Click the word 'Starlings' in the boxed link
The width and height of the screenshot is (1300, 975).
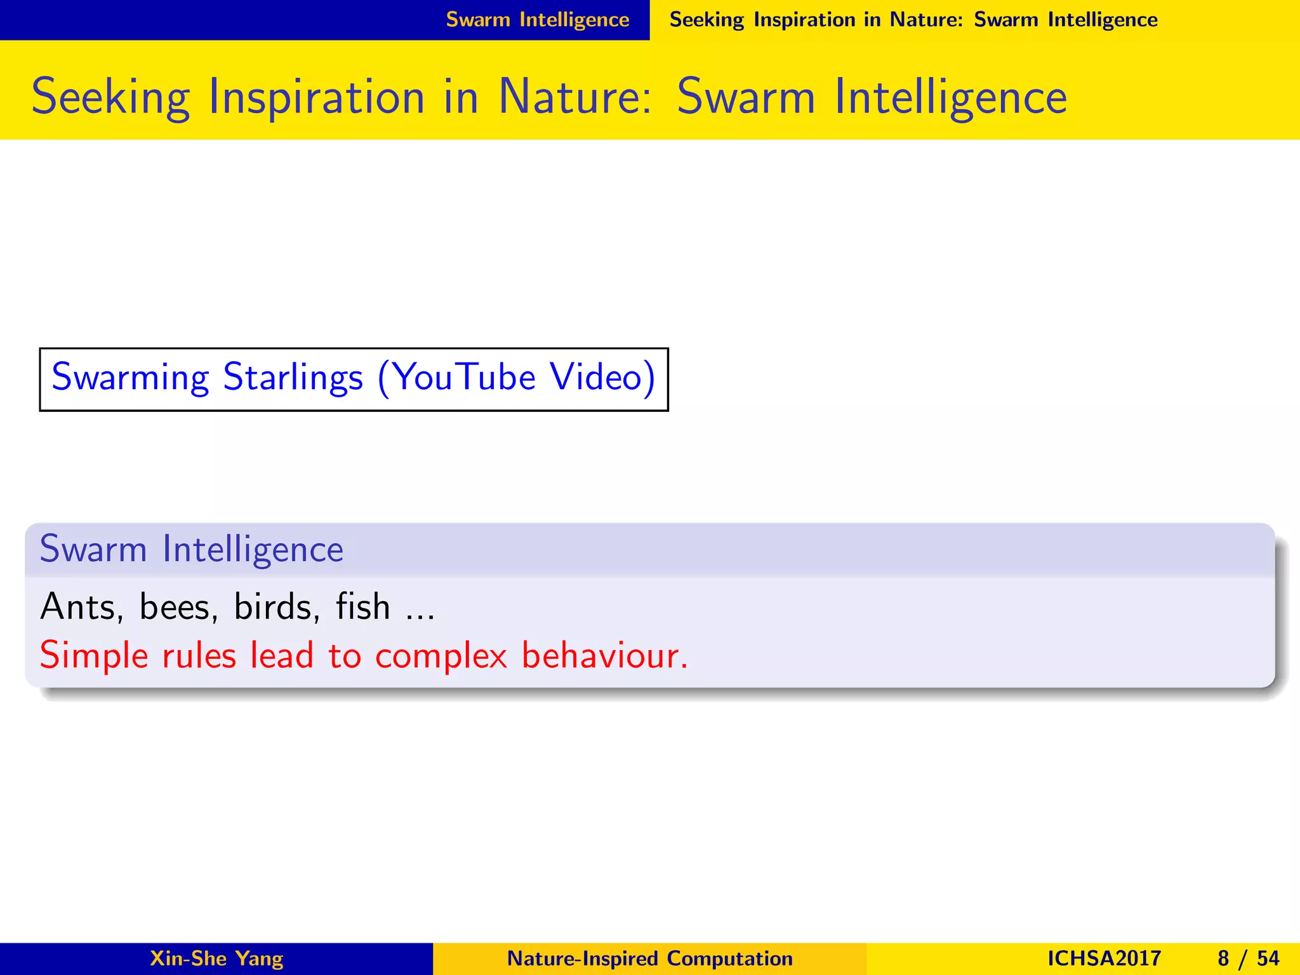(x=293, y=377)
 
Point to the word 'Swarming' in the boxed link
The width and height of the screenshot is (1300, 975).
(x=130, y=377)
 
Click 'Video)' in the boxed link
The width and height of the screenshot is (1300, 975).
(x=602, y=377)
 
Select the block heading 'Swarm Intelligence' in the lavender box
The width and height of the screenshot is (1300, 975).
(x=191, y=549)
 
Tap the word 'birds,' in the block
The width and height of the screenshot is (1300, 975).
(x=277, y=607)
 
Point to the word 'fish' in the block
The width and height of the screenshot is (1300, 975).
(x=362, y=607)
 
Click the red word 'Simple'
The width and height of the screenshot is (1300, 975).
(x=94, y=656)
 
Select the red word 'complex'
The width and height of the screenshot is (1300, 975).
(x=441, y=656)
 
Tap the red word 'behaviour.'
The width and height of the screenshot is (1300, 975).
(x=604, y=656)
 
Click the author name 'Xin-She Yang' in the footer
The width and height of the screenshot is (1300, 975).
(x=216, y=958)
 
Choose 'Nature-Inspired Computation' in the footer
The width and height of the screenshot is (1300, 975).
(x=650, y=958)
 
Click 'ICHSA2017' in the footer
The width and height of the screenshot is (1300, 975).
(x=1104, y=958)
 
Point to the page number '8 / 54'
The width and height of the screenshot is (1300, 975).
(x=1248, y=958)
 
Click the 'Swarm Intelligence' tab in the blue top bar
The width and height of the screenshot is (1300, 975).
(x=538, y=20)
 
